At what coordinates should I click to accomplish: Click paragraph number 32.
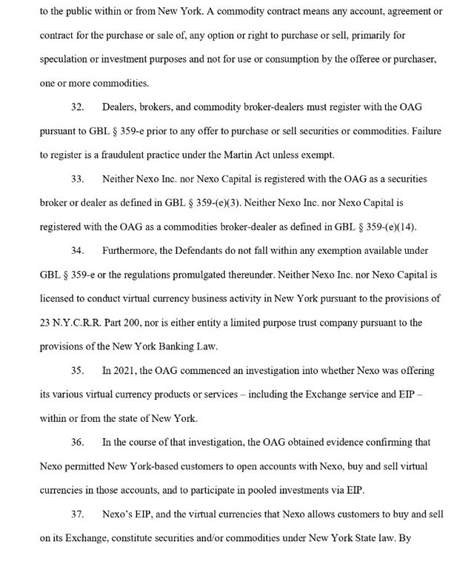(x=77, y=107)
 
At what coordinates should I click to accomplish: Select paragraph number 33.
(x=77, y=179)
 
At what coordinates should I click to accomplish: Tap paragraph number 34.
(x=77, y=251)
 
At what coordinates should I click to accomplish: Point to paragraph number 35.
(x=77, y=370)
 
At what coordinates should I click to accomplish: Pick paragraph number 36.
(x=77, y=442)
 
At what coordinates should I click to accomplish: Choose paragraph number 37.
(x=77, y=514)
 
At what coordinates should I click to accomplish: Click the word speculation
(x=67, y=59)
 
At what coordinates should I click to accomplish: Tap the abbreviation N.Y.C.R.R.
(x=78, y=323)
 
